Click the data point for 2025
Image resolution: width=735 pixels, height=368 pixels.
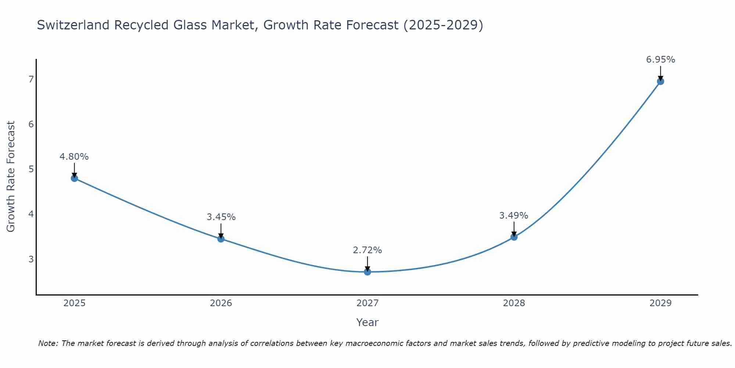74,178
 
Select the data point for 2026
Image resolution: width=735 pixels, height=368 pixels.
221,239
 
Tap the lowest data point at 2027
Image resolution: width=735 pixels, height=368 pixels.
367,272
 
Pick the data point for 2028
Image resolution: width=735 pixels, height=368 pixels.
514,237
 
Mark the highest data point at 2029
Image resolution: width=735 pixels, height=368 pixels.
660,81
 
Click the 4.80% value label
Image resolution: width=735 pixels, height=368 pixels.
74,157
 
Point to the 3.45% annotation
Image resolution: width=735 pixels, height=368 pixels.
221,217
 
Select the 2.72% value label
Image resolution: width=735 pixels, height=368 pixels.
367,250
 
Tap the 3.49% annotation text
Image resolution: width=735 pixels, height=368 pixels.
514,215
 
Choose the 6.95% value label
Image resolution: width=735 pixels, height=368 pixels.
660,60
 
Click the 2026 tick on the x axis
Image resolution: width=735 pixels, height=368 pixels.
221,303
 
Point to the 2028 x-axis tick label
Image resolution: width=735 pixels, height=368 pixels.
514,303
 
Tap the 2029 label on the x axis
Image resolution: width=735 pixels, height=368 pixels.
660,303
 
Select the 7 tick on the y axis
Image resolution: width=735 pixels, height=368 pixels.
31,79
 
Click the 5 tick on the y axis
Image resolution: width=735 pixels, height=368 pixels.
31,169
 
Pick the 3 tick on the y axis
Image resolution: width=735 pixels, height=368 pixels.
31,259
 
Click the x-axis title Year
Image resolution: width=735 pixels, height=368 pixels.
367,322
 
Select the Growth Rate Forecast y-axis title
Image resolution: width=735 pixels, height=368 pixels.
11,177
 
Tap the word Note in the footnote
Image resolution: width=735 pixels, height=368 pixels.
47,343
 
